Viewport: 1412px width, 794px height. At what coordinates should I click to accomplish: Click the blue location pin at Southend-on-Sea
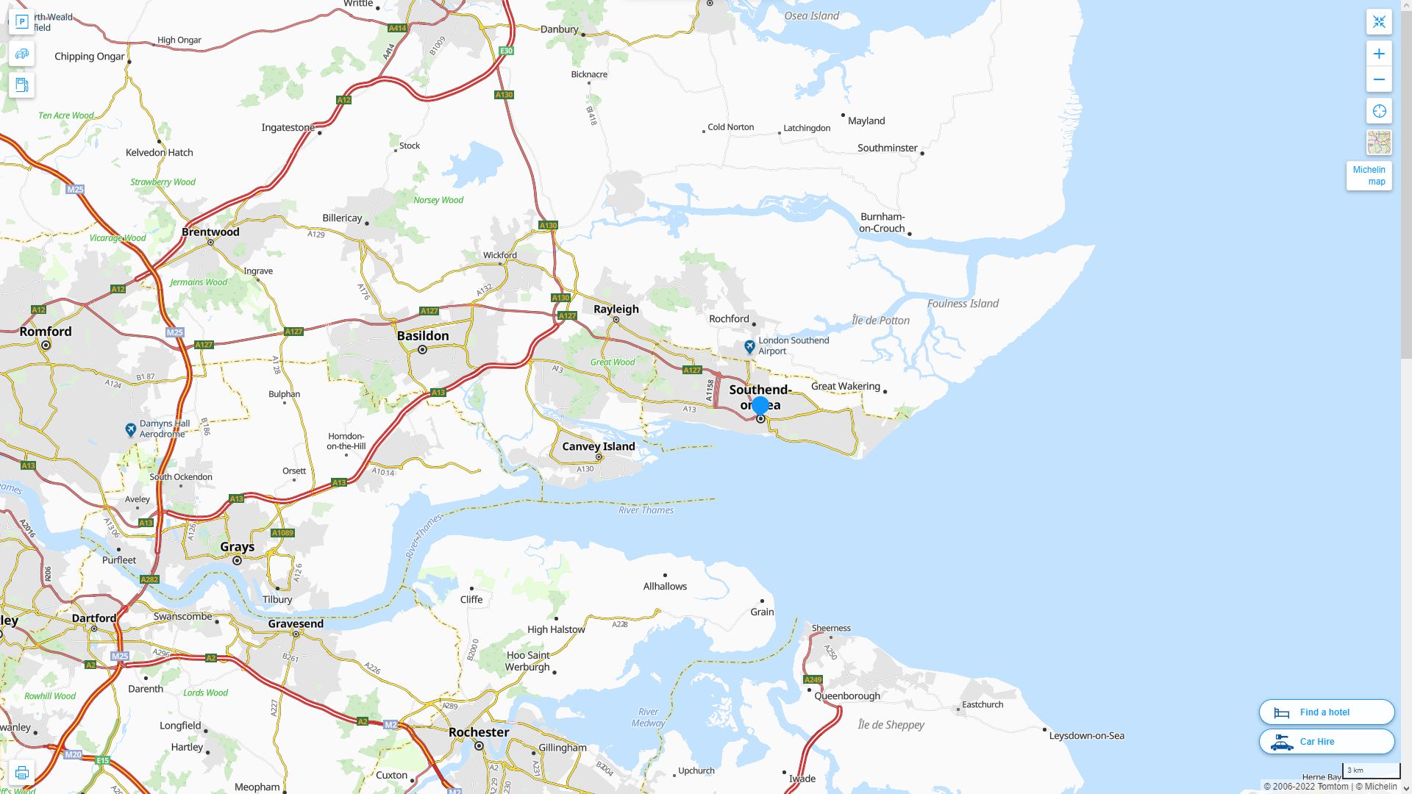point(760,406)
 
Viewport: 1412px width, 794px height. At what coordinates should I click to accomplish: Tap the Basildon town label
point(423,336)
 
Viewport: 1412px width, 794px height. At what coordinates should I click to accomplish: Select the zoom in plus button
point(1379,54)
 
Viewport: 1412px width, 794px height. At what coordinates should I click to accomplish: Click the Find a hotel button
point(1326,712)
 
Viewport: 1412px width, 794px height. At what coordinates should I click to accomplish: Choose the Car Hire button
point(1326,742)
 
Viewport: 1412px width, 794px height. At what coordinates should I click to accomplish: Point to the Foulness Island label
point(963,304)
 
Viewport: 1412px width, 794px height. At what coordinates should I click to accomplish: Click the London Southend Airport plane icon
point(749,346)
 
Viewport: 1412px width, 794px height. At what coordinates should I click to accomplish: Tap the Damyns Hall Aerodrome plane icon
point(131,429)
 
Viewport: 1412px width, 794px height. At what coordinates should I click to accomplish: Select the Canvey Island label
point(598,446)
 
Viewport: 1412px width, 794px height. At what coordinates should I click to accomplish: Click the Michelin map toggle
point(1369,176)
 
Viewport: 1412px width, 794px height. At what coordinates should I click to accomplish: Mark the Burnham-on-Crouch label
point(882,223)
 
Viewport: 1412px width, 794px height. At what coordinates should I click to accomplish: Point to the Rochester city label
point(479,732)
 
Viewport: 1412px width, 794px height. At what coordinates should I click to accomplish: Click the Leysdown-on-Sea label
point(1086,736)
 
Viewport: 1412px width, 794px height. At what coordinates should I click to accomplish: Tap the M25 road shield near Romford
point(174,333)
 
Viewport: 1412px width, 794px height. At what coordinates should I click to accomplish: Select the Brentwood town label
point(210,232)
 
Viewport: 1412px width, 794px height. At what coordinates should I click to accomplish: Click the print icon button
point(21,773)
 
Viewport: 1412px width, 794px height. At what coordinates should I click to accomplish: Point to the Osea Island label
point(811,15)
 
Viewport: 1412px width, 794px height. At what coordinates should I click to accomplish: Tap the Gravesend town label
point(296,624)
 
